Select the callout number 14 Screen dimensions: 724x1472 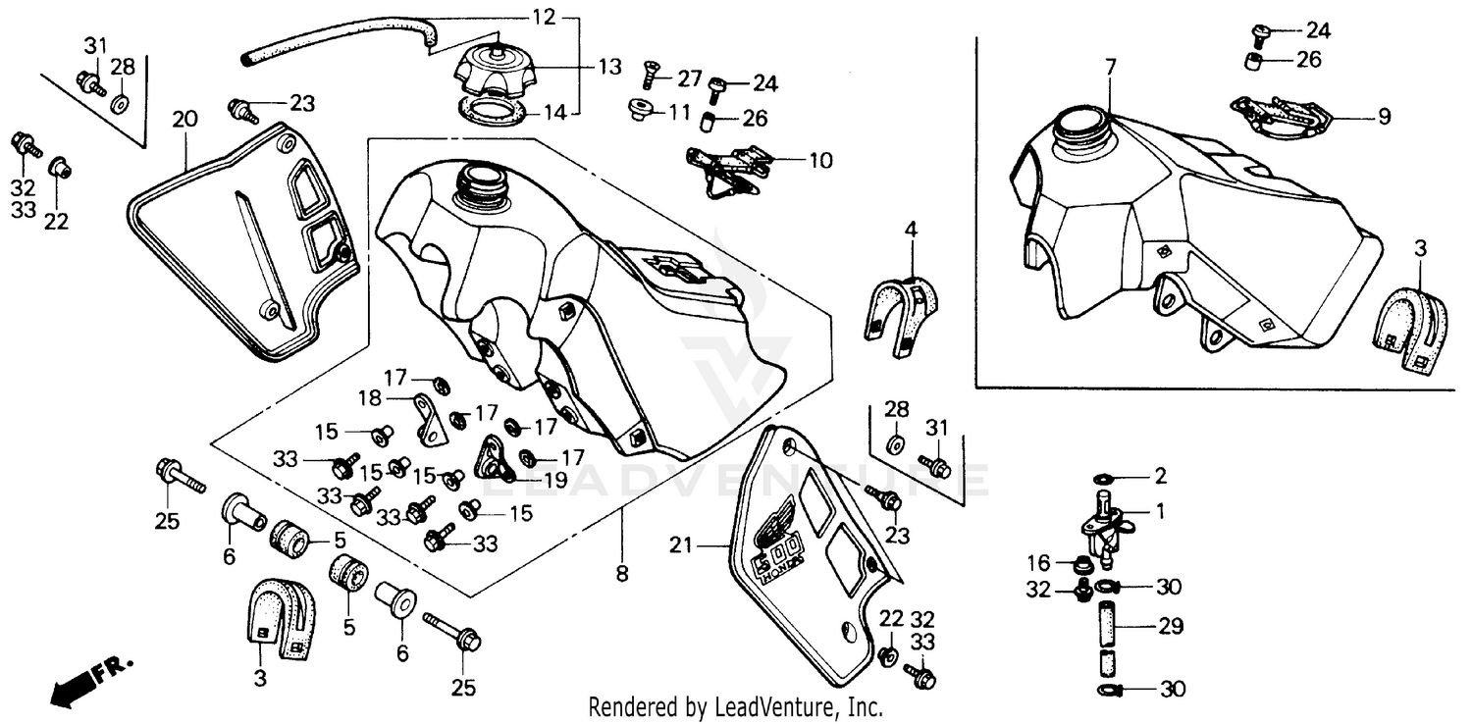tap(555, 112)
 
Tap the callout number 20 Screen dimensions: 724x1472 tap(184, 120)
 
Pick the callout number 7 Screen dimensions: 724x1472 tap(1110, 68)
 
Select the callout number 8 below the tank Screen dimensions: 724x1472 tap(621, 574)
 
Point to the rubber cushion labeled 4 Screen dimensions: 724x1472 tap(900, 306)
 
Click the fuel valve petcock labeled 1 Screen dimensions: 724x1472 tap(1104, 524)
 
